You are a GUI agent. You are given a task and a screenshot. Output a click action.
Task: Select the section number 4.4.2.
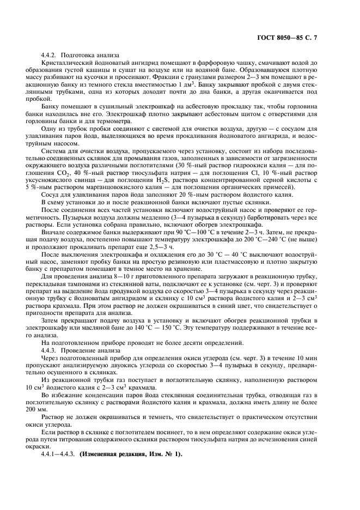click(50, 55)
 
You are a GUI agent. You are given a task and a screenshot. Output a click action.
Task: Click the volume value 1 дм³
click(188, 86)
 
